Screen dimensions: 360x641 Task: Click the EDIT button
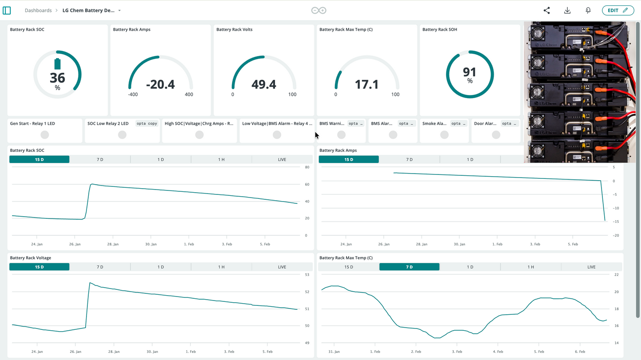(617, 10)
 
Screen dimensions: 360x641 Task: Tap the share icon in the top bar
(547, 10)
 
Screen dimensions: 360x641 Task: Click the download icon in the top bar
(567, 10)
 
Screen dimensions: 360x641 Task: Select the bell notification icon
(588, 10)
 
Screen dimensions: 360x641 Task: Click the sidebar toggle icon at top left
(7, 10)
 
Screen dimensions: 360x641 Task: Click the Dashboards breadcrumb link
(38, 10)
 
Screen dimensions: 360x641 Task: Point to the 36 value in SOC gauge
(57, 78)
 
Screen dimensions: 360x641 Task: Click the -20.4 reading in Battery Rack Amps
(160, 84)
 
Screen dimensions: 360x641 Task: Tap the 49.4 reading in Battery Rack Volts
(263, 84)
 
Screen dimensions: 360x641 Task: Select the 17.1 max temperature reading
(366, 84)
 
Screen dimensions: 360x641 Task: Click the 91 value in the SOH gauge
(469, 72)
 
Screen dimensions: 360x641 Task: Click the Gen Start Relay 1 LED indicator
(45, 135)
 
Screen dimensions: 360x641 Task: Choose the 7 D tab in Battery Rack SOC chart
(100, 159)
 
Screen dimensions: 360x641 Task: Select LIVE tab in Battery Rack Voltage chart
(282, 267)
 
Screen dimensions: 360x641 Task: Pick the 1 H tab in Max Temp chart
(531, 267)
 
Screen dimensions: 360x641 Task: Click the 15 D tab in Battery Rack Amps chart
(349, 159)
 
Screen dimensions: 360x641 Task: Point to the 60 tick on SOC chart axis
(307, 184)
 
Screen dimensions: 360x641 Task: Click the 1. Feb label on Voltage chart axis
(191, 352)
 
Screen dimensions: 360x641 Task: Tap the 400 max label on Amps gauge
(189, 95)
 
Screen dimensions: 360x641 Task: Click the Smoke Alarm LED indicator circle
(444, 135)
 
